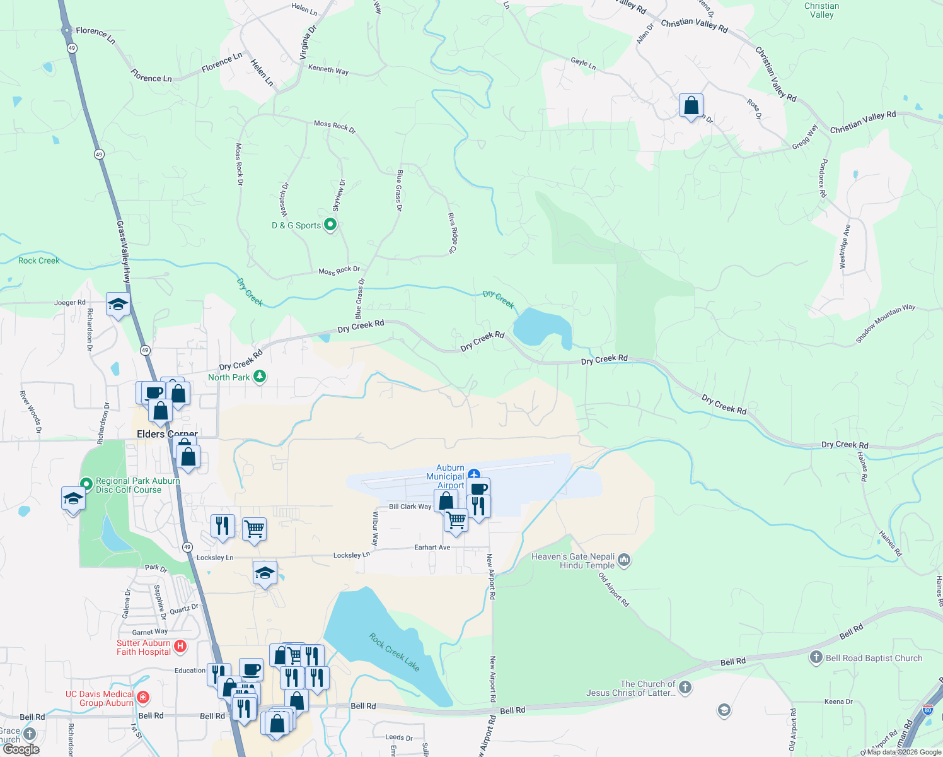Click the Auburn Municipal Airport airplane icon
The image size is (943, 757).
(x=474, y=474)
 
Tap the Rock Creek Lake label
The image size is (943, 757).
(x=394, y=652)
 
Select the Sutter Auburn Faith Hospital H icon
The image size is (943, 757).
(x=180, y=646)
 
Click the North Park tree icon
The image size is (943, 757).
(x=259, y=377)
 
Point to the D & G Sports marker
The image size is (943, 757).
(x=330, y=225)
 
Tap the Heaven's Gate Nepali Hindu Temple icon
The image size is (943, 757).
(x=624, y=560)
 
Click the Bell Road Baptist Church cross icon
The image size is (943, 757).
(x=816, y=658)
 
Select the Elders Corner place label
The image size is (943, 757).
(x=167, y=434)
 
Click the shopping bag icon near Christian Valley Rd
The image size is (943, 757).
(x=691, y=106)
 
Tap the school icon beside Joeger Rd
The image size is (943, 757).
(x=118, y=305)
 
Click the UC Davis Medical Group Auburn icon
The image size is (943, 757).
(x=142, y=697)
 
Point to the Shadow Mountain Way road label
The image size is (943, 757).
(x=885, y=324)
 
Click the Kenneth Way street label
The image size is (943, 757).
(x=328, y=69)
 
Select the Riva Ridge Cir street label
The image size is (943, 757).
(x=452, y=233)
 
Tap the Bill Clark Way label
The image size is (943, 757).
(x=410, y=507)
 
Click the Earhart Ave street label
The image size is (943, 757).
(x=432, y=548)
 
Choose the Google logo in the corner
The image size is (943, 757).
(x=21, y=749)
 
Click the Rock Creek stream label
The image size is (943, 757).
(x=38, y=261)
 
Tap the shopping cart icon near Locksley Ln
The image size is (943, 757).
(x=254, y=529)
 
